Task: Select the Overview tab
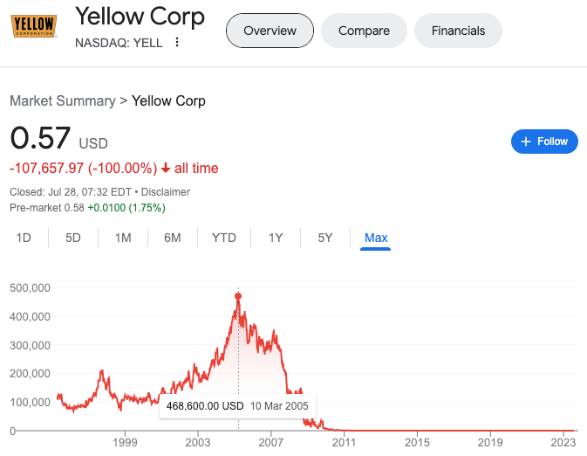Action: point(270,31)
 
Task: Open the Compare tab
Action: point(364,31)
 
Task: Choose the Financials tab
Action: point(458,31)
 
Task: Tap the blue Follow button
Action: point(544,142)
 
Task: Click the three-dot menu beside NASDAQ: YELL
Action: point(177,42)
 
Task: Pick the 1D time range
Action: point(24,238)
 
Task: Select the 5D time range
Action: point(73,238)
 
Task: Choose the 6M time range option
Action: point(172,238)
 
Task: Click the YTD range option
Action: point(224,238)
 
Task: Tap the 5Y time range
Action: point(324,238)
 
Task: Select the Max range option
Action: point(376,238)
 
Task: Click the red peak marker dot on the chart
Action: point(238,295)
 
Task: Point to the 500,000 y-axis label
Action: point(29,287)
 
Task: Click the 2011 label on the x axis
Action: point(344,444)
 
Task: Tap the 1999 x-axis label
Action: point(125,444)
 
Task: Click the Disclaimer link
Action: point(165,191)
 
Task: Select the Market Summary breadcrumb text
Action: point(62,100)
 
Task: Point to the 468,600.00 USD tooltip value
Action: point(204,406)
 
